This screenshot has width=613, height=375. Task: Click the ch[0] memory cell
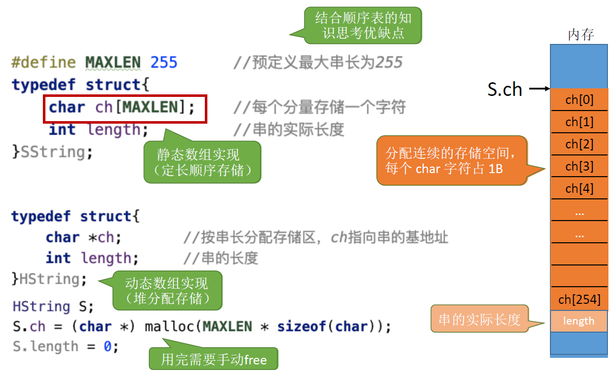click(579, 100)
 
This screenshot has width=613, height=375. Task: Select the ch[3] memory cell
click(579, 166)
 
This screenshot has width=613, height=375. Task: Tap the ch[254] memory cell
click(579, 300)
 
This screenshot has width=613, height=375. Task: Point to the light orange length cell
click(579, 321)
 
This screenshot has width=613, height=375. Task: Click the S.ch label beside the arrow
click(505, 89)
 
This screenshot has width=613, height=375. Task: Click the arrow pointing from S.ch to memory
click(539, 89)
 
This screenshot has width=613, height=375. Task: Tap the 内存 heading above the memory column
click(581, 35)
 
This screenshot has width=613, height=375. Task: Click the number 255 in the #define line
click(164, 63)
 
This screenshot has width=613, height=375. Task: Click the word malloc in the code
click(170, 327)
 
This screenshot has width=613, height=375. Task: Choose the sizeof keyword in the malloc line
click(302, 327)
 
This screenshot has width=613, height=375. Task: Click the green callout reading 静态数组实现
click(203, 162)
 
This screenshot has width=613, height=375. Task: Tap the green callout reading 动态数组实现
click(167, 291)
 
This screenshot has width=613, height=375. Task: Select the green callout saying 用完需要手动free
click(213, 360)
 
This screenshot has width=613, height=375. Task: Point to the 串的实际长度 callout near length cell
click(479, 319)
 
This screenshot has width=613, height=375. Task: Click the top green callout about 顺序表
click(363, 26)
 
